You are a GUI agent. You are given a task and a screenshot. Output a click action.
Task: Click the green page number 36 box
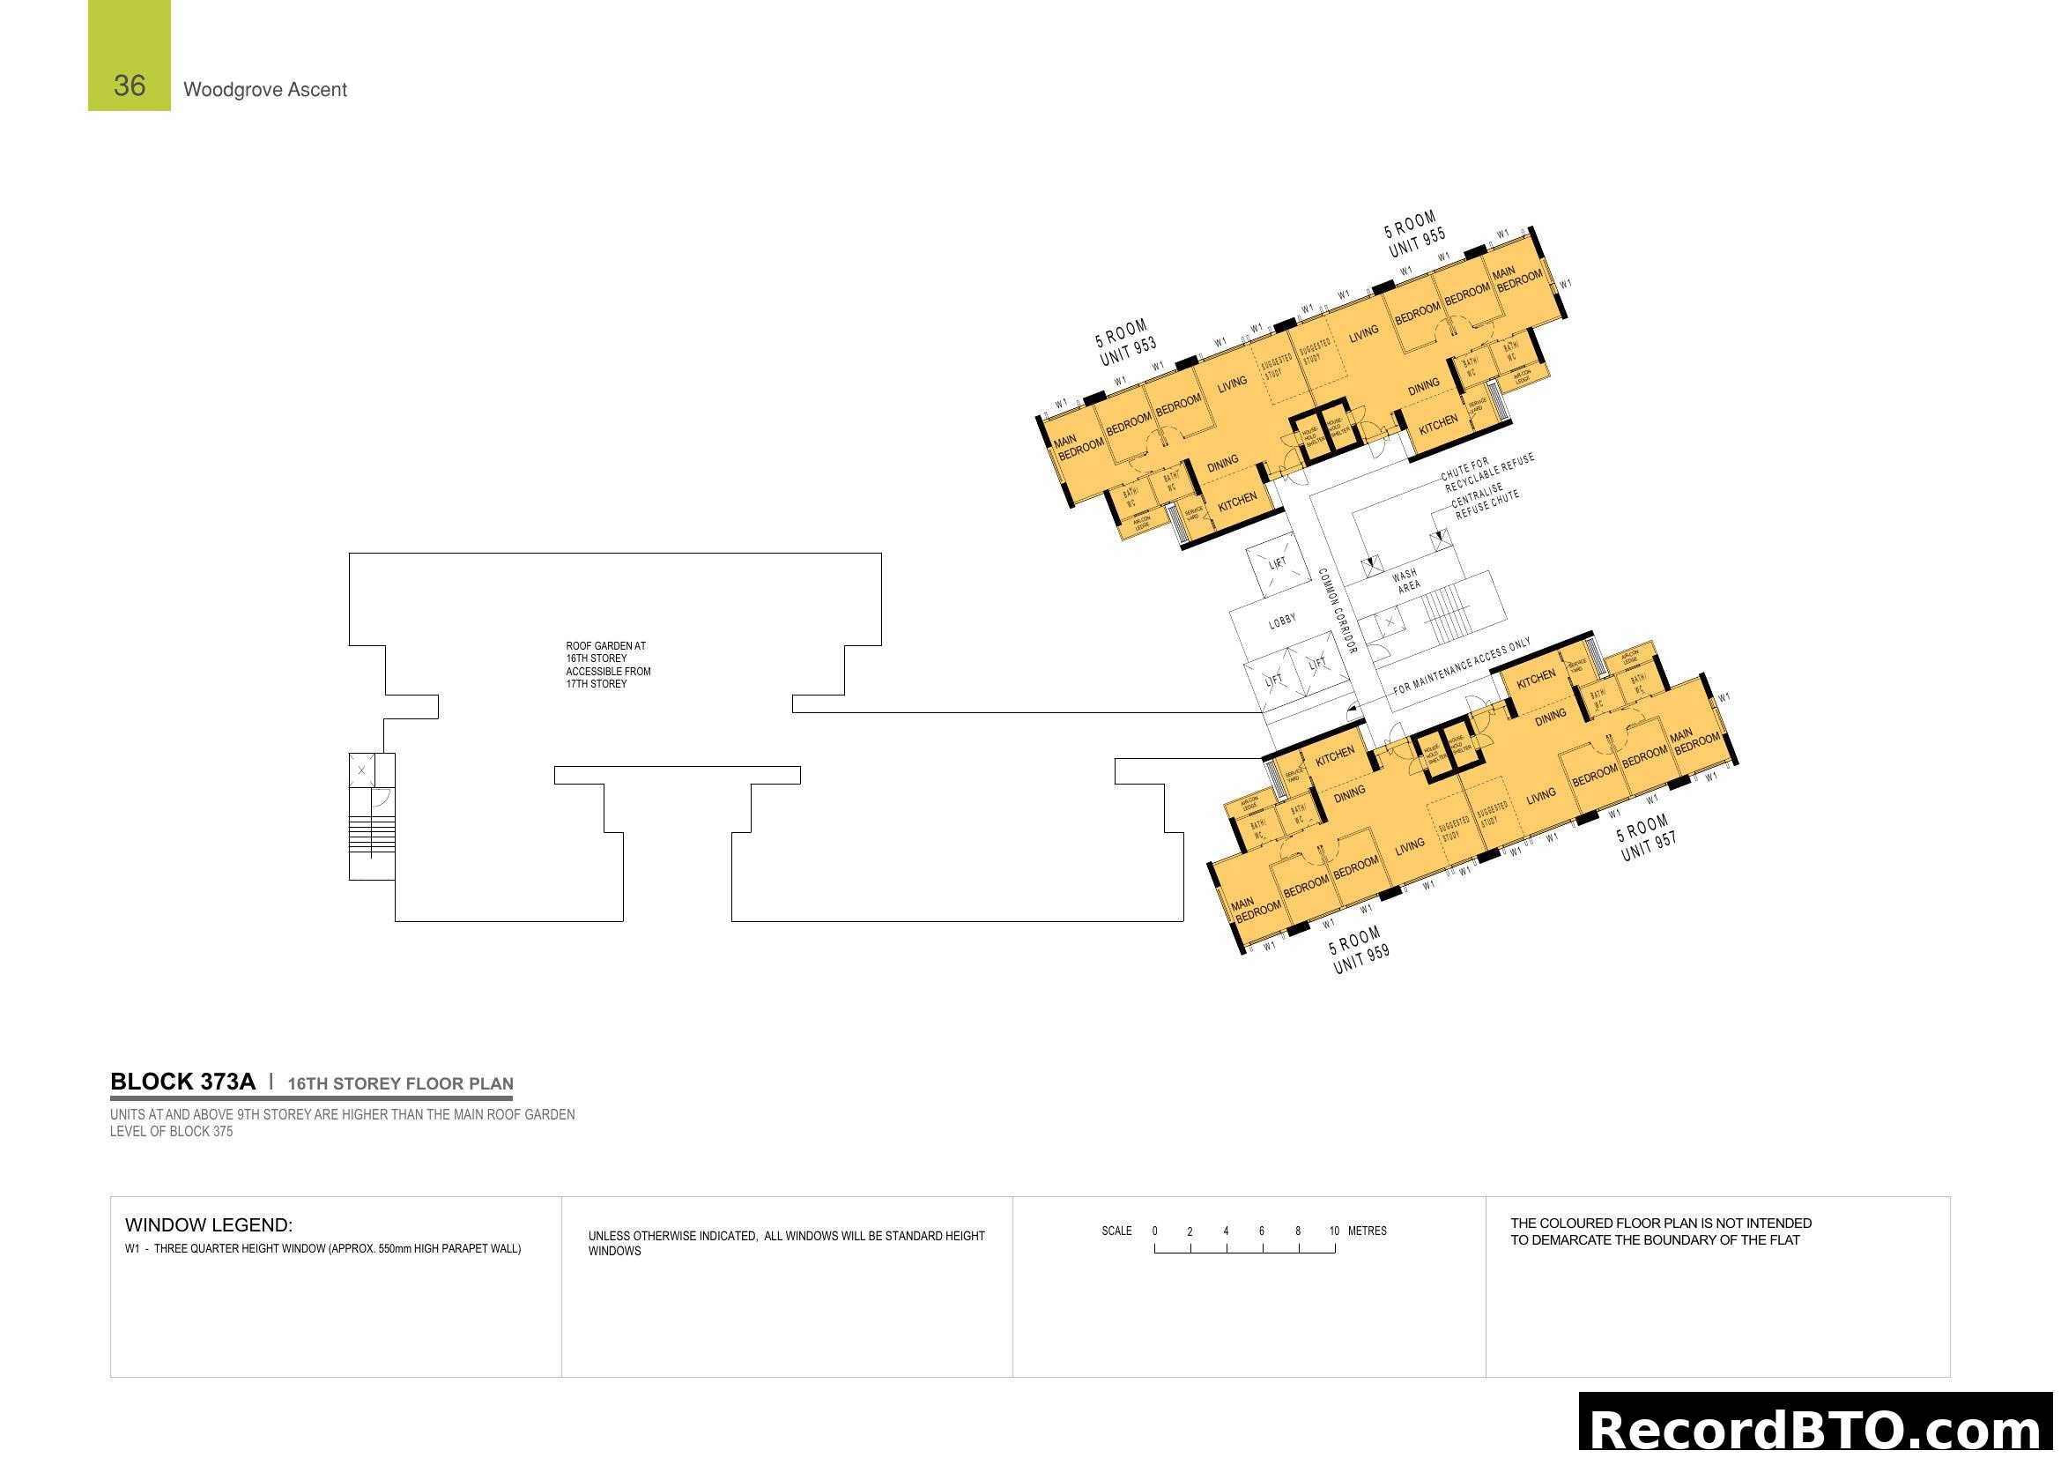click(130, 56)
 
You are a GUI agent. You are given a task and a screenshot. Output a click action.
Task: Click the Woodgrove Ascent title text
click(265, 90)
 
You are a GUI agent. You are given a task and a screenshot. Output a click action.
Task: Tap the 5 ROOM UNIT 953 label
click(1125, 342)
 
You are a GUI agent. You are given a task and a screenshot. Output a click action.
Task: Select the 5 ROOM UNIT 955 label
click(1415, 234)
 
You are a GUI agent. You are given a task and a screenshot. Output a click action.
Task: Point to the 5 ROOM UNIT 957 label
click(1645, 837)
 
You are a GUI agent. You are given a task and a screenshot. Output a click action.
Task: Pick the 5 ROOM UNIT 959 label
click(1359, 950)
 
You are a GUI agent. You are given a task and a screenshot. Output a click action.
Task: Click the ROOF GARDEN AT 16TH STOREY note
click(608, 665)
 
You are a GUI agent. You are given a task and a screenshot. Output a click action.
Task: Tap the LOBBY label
click(1282, 621)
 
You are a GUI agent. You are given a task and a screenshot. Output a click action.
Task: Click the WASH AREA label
click(1406, 580)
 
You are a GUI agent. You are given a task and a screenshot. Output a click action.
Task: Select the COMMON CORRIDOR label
click(1337, 610)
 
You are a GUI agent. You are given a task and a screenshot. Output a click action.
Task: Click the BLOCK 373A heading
click(182, 1082)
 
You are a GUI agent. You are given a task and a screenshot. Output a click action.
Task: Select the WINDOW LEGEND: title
click(208, 1224)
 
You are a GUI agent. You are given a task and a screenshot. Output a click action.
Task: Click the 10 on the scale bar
click(1334, 1231)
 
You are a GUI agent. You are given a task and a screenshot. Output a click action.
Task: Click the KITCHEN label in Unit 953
click(1237, 502)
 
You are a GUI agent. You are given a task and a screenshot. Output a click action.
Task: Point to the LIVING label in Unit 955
click(1362, 334)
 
